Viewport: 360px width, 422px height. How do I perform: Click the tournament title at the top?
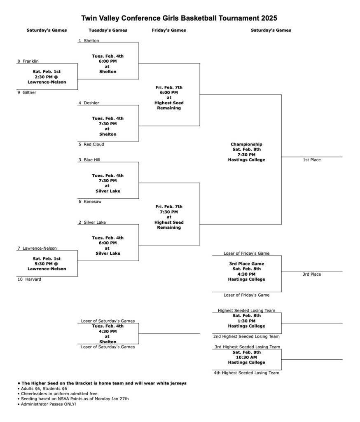pos(179,18)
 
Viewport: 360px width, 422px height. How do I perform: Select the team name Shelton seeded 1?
pos(91,41)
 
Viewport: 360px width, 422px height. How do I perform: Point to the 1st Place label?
pos(311,160)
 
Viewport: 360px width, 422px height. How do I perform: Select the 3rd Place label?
pos(311,274)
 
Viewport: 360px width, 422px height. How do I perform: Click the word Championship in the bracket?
pos(246,145)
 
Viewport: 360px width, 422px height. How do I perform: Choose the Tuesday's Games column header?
pos(108,30)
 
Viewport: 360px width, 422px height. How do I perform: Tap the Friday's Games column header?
pos(169,30)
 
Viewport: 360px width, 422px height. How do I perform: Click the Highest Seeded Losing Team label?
pos(246,311)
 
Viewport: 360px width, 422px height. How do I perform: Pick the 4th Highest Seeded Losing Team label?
pos(246,373)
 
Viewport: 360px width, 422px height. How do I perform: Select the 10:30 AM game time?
pos(246,358)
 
